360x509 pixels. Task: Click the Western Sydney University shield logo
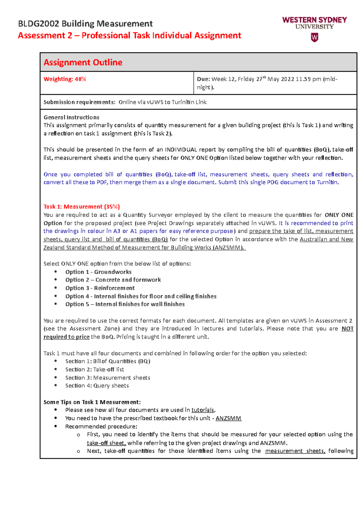[x=314, y=37]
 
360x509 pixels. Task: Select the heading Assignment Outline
[x=83, y=62]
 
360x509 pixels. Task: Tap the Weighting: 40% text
[x=65, y=79]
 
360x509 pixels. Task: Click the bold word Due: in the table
[x=203, y=79]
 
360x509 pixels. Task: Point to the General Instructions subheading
[x=71, y=117]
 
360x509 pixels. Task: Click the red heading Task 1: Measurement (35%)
[x=82, y=207]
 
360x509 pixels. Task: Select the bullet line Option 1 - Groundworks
[x=98, y=272]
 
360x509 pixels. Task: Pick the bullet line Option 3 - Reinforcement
[x=100, y=288]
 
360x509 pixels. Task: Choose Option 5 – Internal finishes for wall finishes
[x=125, y=304]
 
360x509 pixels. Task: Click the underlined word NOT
[x=347, y=329]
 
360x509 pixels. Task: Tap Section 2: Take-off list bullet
[x=94, y=370]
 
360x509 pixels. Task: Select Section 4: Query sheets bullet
[x=97, y=386]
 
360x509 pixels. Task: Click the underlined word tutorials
[x=203, y=410]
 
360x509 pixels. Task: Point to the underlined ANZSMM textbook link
[x=228, y=418]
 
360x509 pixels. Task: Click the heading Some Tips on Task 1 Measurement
[x=92, y=402]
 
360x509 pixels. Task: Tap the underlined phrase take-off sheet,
[x=106, y=443]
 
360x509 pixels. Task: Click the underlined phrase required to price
[x=66, y=337]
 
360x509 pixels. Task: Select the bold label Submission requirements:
[x=79, y=102]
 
